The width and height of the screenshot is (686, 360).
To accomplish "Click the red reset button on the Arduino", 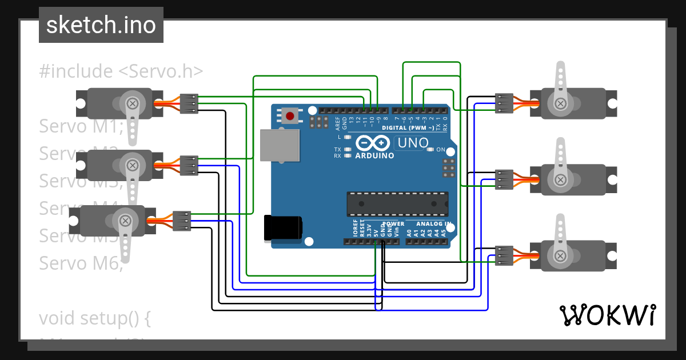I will point(290,116).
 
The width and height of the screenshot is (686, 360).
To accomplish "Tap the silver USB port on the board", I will point(280,145).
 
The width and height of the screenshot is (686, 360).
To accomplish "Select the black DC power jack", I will point(283,227).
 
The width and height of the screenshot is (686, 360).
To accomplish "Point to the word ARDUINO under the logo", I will point(374,155).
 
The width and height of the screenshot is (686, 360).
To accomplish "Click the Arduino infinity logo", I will point(374,143).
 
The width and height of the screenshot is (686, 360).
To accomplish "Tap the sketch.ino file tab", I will point(101,25).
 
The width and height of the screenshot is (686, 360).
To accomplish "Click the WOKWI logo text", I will point(608,315).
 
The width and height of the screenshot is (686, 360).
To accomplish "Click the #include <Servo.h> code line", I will point(121,71).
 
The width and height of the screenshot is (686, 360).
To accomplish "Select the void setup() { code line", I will point(95,318).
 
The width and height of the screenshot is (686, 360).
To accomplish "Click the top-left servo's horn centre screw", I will point(133,103).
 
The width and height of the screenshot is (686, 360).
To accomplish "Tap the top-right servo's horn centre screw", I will point(561,103).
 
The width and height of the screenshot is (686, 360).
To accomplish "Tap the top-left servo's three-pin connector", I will point(189,103).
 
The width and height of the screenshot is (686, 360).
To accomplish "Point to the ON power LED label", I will point(441,150).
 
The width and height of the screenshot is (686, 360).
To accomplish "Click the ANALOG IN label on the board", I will point(433,224).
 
